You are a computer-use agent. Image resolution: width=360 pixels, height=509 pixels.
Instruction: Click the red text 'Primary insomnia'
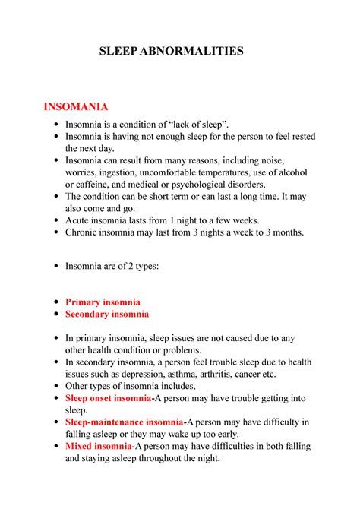point(103,302)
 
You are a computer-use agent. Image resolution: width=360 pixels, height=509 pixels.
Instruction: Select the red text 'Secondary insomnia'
point(107,314)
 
